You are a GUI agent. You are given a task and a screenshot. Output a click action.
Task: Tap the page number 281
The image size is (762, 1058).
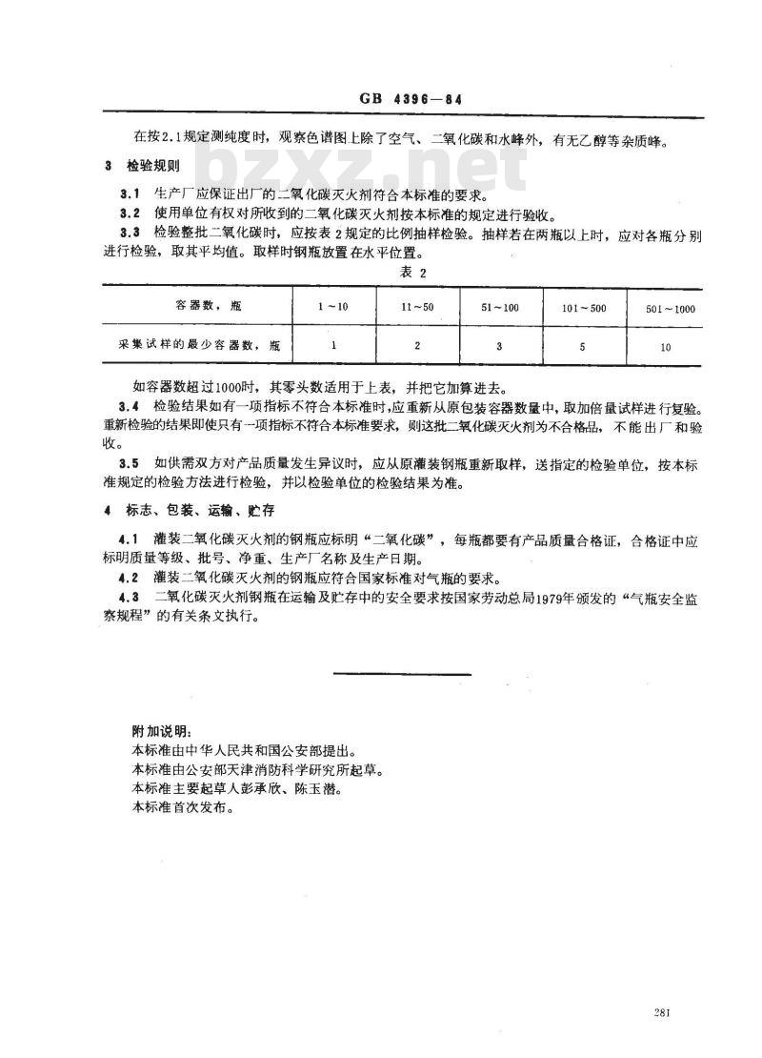[665, 1013]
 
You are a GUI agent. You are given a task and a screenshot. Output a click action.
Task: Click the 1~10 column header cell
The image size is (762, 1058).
[333, 309]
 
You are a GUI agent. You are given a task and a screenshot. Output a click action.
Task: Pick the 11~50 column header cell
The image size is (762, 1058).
[417, 309]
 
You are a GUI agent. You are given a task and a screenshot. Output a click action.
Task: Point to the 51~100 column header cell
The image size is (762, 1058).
[499, 309]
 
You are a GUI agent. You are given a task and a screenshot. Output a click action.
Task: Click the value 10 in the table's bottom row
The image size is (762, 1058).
[664, 347]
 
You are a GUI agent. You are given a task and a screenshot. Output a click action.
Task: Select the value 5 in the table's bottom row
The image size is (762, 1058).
[582, 347]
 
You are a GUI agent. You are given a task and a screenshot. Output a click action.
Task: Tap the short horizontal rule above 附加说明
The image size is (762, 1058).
[404, 674]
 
